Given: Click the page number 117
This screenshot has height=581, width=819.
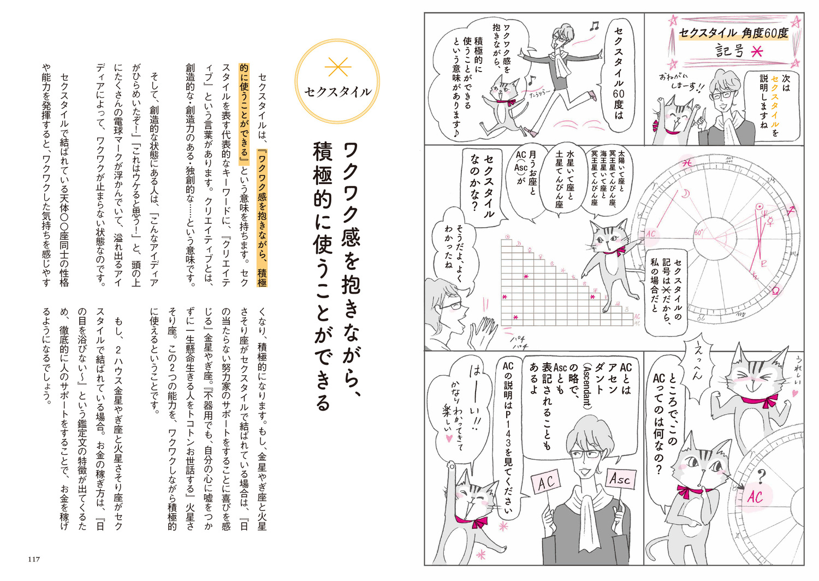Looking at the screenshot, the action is (x=34, y=559).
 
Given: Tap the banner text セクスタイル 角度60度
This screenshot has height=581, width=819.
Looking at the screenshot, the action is (x=733, y=34).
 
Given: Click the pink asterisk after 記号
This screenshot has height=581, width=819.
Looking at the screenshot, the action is (x=757, y=52).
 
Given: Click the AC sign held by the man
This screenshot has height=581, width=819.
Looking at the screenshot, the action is (x=547, y=483).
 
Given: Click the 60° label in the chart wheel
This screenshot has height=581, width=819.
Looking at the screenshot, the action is (x=698, y=233).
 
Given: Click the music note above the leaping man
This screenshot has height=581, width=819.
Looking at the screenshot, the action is (x=594, y=26).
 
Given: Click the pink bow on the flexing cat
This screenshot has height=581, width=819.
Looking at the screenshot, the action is (x=767, y=400).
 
